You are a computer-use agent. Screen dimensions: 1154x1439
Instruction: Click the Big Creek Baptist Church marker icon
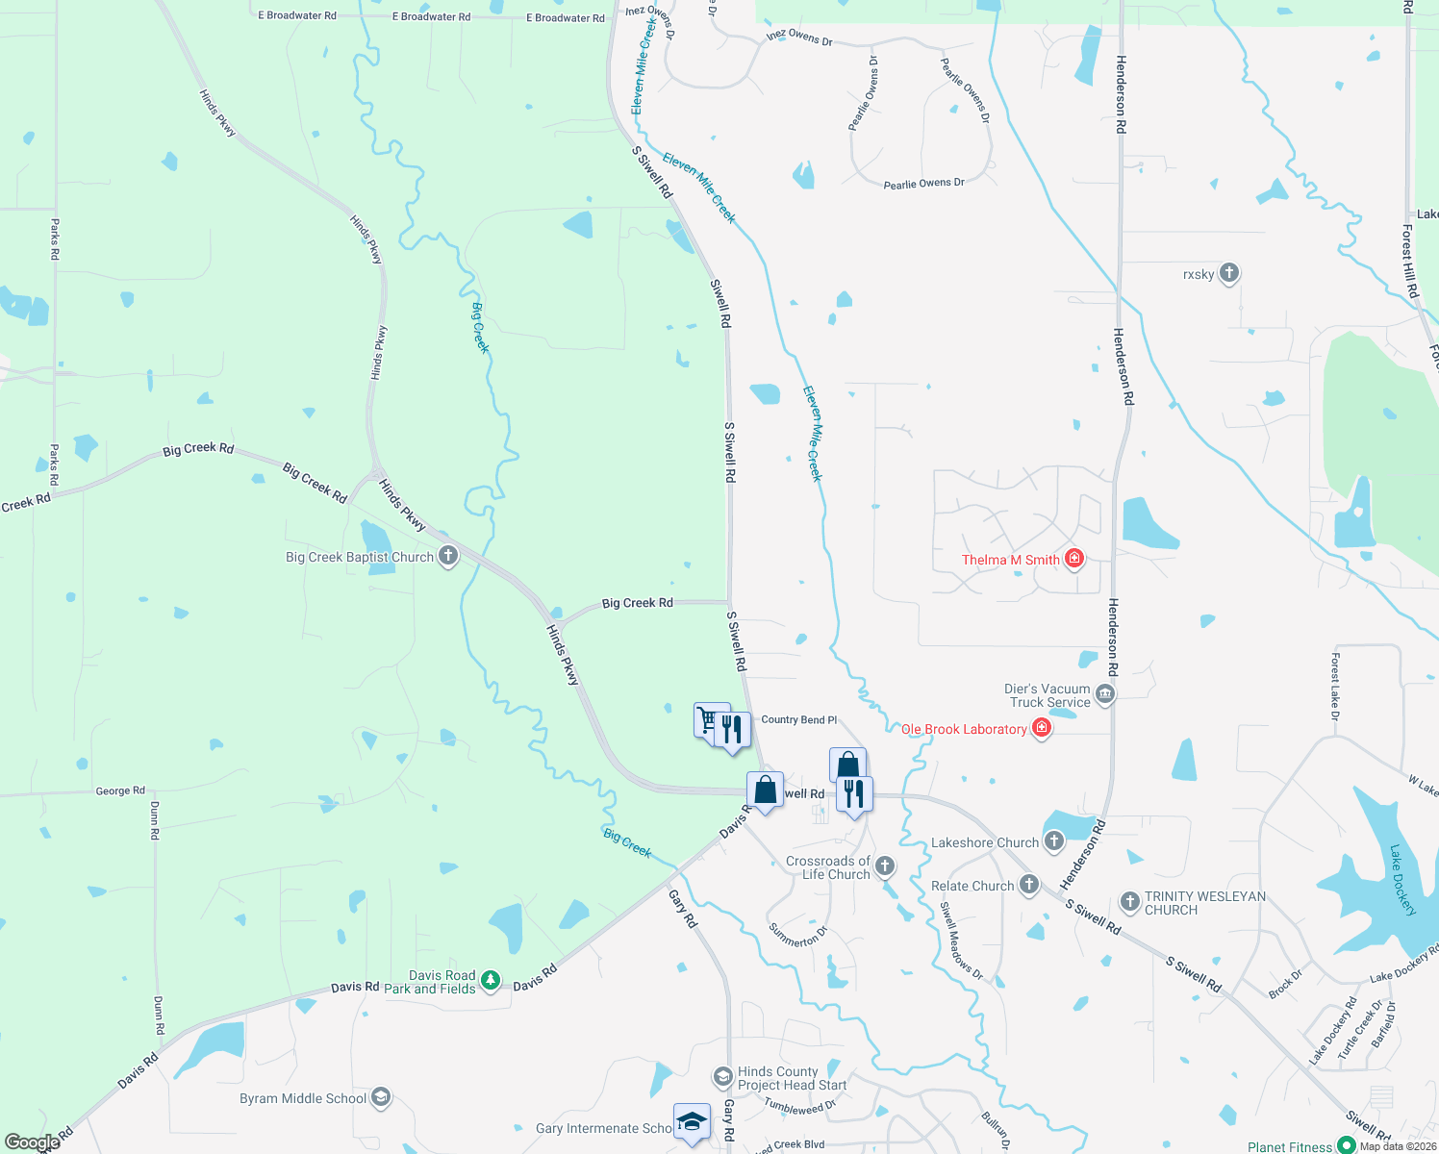coord(448,557)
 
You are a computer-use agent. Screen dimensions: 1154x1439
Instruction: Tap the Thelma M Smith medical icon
coord(1074,559)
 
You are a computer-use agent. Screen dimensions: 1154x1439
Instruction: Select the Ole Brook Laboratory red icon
coord(1041,729)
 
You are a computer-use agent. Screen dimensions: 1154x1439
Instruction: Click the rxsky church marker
coord(1228,273)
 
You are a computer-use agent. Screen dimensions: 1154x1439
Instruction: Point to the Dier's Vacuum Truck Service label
coord(1047,695)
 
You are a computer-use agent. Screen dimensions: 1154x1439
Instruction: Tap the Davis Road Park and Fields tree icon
coord(491,980)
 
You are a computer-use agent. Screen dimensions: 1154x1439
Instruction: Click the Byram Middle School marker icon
coord(381,1097)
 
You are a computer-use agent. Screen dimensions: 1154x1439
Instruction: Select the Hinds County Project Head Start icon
coord(723,1076)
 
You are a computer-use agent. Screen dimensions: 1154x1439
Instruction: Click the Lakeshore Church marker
coord(1054,841)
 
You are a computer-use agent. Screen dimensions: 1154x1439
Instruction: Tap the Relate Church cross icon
coord(1029,885)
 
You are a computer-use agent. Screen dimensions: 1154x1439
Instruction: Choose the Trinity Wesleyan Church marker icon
coord(1130,901)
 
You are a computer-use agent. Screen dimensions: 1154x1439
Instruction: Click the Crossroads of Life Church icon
coord(885,866)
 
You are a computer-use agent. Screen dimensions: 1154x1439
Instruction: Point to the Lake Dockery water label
coord(1402,879)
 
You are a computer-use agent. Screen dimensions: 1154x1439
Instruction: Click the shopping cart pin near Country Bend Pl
coord(710,719)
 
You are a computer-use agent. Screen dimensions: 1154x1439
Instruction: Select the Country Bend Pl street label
coord(798,719)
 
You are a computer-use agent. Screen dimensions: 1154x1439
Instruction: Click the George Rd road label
coord(120,790)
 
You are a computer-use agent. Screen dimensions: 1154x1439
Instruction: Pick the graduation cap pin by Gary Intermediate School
coord(692,1121)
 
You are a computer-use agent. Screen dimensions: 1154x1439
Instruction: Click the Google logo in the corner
coord(32,1142)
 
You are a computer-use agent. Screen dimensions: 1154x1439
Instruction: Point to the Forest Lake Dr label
coord(1334,687)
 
